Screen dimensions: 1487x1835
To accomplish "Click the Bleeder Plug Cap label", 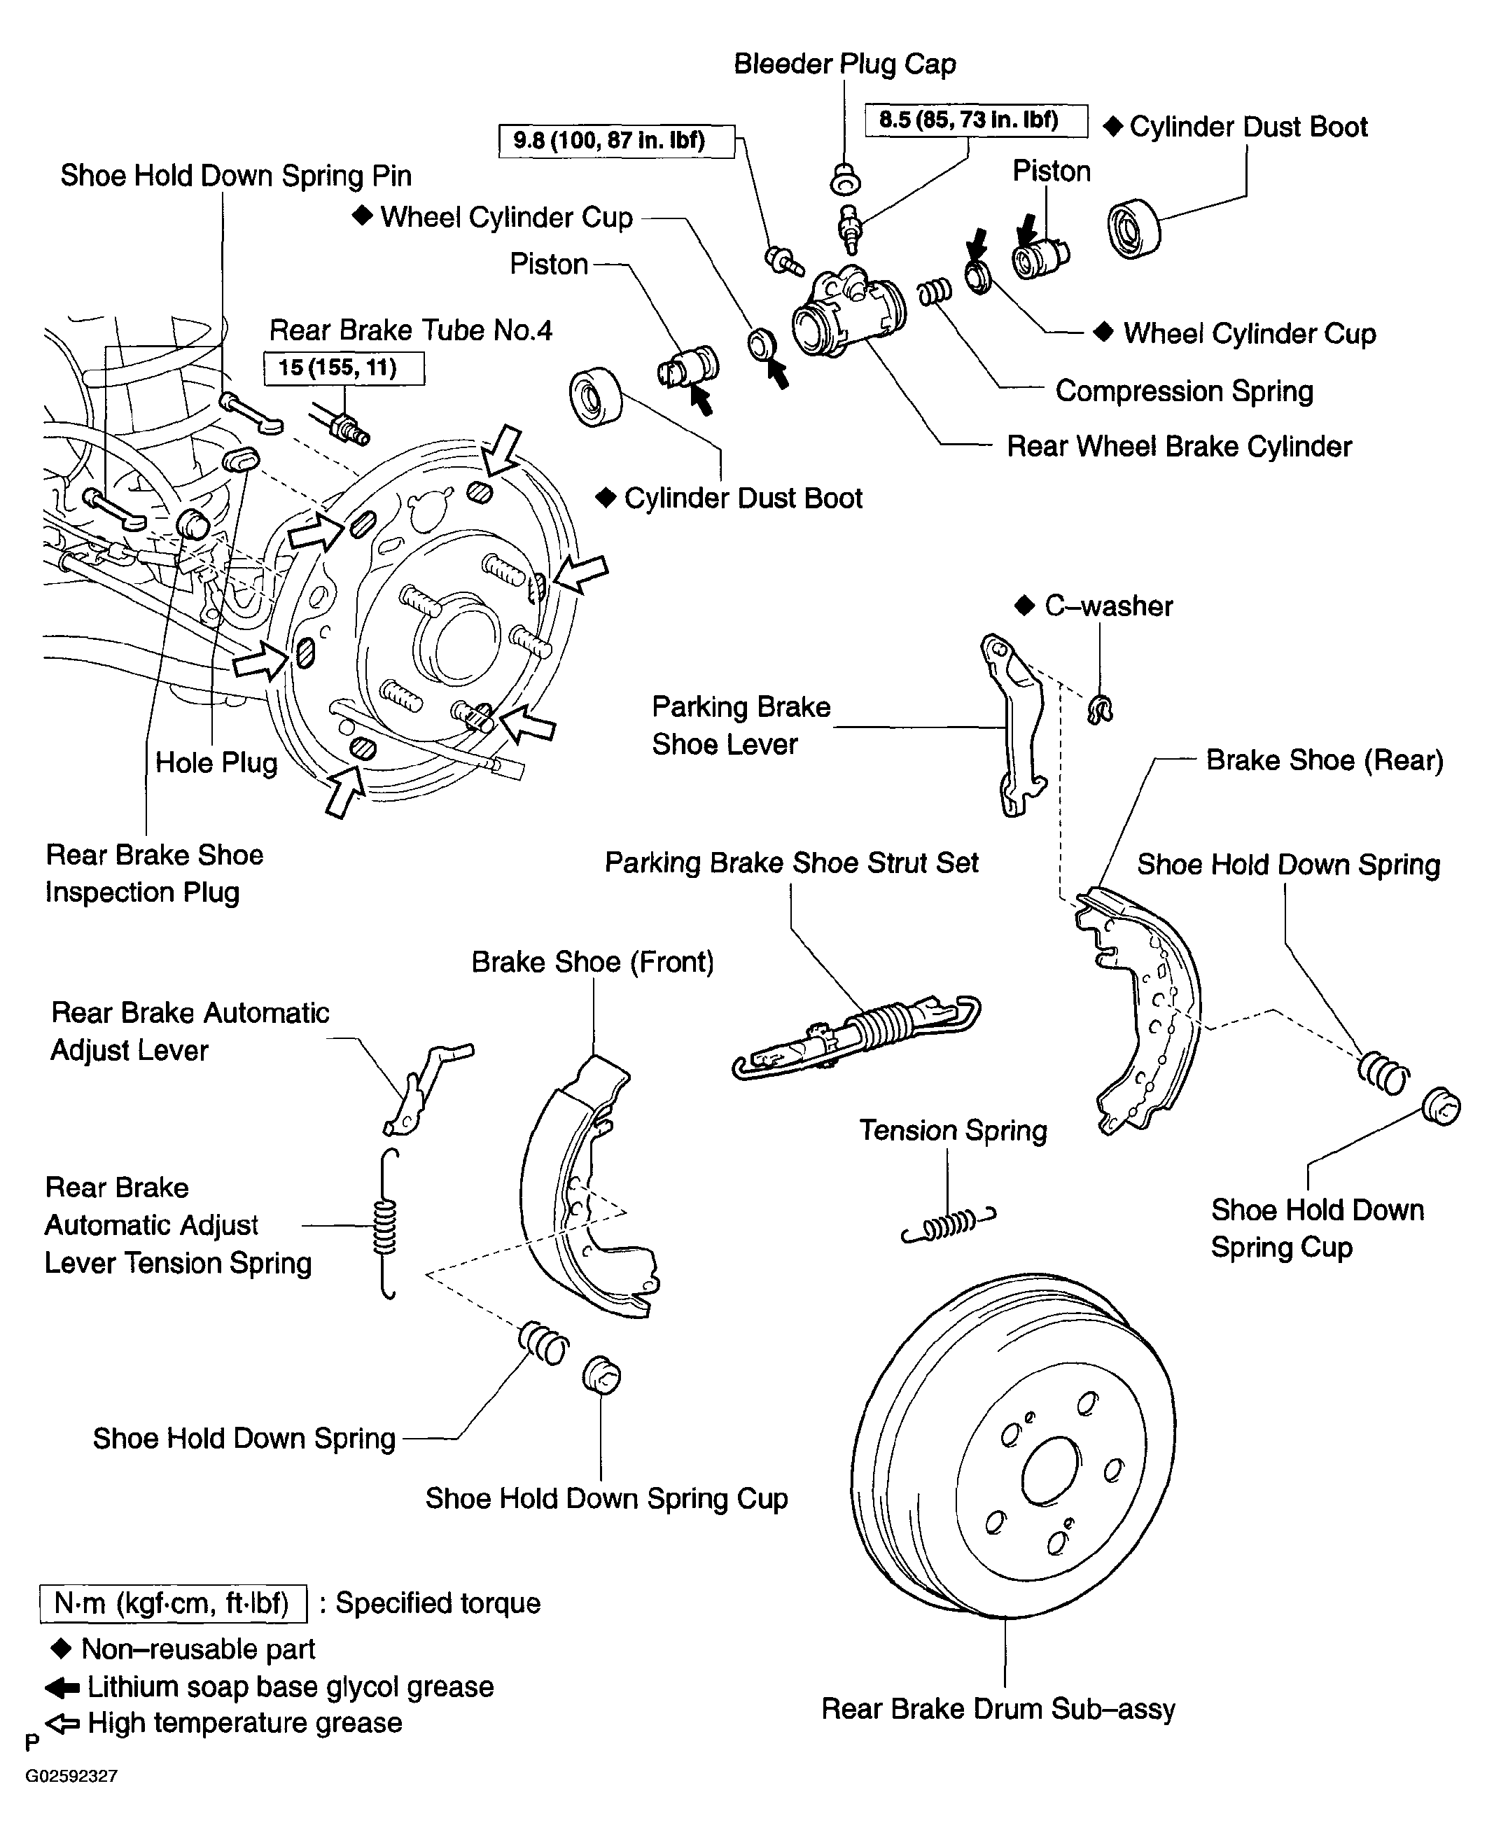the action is pyautogui.click(x=844, y=64).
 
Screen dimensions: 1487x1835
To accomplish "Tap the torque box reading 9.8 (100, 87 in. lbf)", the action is pyautogui.click(x=616, y=141).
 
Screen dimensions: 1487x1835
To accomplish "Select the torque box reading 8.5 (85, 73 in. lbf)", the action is pyautogui.click(x=977, y=121).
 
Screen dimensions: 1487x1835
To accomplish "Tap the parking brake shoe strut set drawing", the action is pyautogui.click(x=857, y=1037).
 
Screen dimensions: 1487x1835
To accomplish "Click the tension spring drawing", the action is pyautogui.click(x=948, y=1223).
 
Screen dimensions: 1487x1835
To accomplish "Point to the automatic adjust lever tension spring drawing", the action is pyautogui.click(x=387, y=1225).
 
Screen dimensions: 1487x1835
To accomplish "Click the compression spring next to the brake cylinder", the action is pyautogui.click(x=935, y=292).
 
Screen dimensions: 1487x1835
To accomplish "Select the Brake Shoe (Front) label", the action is pyautogui.click(x=593, y=962).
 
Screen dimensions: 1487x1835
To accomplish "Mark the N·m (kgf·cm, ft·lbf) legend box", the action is pyautogui.click(x=173, y=1603).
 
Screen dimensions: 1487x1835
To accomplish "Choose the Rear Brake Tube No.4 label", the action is pyautogui.click(x=411, y=330).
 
